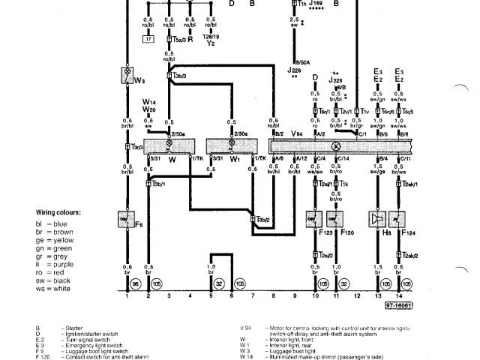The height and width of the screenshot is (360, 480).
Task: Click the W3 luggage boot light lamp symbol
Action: [x=127, y=76]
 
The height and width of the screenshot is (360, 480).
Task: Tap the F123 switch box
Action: [x=316, y=219]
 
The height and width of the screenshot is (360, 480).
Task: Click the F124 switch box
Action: [x=399, y=219]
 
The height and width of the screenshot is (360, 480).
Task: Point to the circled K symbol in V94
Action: [x=336, y=145]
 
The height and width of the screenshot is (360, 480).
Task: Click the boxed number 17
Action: [x=148, y=38]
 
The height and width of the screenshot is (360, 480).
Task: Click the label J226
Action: [x=293, y=70]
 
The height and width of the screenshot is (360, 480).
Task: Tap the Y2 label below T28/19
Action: [x=211, y=43]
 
